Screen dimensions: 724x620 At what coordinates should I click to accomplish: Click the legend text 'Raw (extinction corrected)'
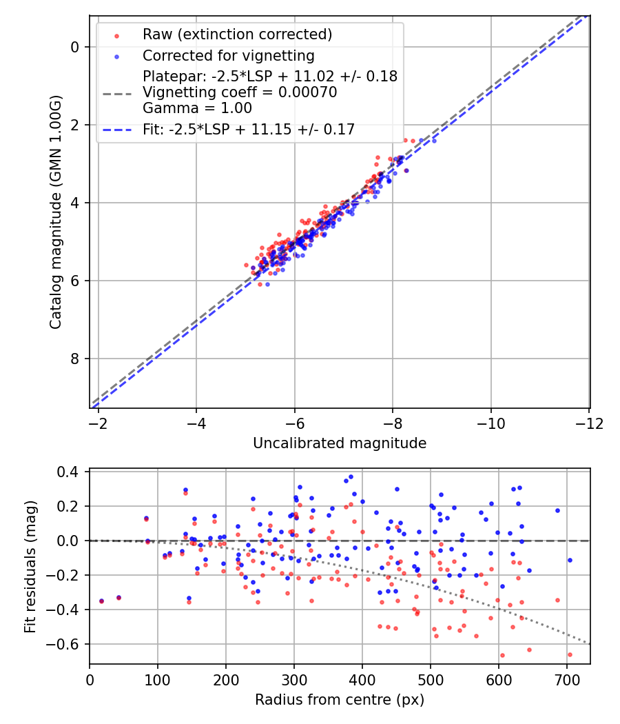[x=237, y=34]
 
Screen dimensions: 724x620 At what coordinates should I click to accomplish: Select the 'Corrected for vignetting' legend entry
[x=228, y=55]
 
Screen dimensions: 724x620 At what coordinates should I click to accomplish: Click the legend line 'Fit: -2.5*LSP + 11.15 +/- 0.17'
[x=248, y=129]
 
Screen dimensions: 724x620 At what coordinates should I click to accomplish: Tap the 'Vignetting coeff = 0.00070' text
[x=240, y=92]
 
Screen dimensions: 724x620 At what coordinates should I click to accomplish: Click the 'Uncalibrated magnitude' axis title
[x=340, y=443]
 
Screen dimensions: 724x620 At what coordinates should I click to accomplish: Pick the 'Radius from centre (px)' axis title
[x=340, y=700]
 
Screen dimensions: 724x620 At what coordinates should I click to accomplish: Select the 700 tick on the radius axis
[x=567, y=679]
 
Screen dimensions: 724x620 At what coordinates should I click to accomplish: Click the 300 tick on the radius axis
[x=294, y=679]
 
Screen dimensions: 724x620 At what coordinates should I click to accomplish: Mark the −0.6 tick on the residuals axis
[x=70, y=644]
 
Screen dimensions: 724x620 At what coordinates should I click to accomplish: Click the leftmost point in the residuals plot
[x=101, y=601]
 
